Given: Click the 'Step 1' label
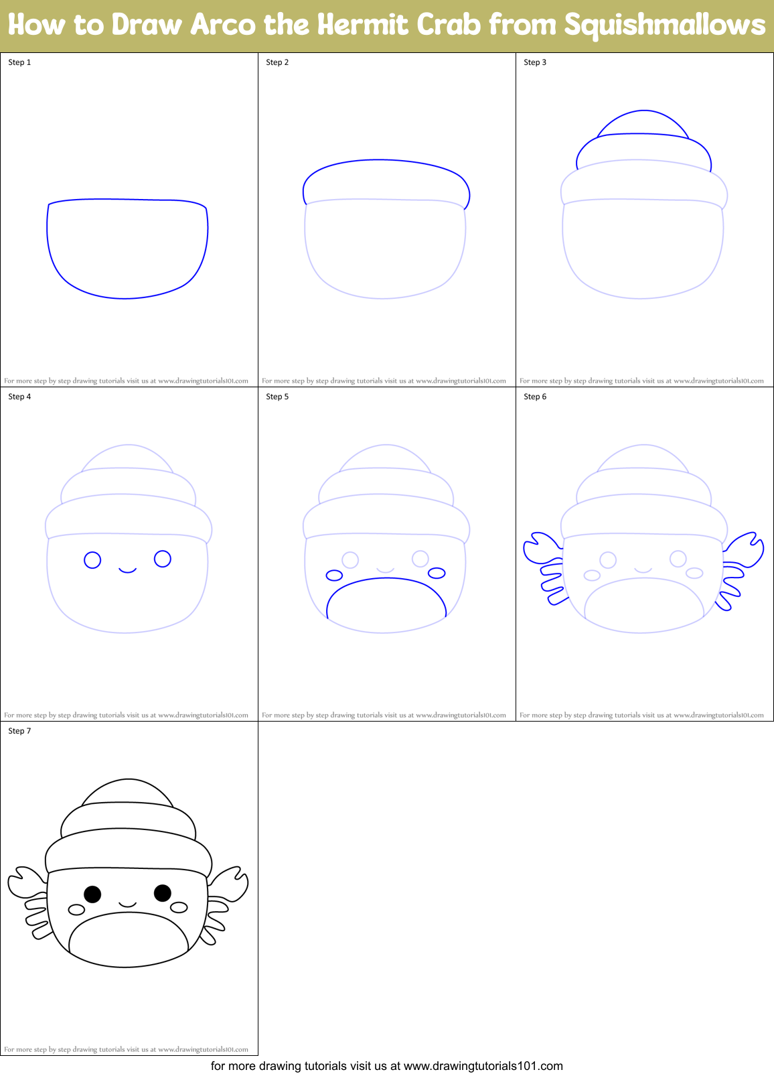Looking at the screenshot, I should coord(19,62).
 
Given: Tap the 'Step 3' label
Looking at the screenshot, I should coord(535,62).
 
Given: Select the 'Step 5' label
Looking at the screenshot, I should coord(277,397).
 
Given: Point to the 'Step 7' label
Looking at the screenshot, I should coord(19,731).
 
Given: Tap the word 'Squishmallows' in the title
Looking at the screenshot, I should coord(664,25).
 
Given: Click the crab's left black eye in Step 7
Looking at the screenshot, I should coord(92,894).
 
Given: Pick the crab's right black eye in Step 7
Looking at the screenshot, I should coord(163,892).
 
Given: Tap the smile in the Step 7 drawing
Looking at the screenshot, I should coord(128,905).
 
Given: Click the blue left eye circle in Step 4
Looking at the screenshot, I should coord(92,559).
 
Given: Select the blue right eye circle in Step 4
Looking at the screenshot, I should coord(163,558).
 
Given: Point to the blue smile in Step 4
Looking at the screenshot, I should coord(128,571).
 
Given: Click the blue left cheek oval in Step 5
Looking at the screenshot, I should coord(334,575).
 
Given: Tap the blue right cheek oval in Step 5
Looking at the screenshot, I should coord(437,573).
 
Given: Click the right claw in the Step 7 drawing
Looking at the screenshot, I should coord(229,884).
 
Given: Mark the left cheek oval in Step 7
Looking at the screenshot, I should coord(77,909).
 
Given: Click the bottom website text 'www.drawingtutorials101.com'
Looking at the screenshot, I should coord(483,1066).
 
